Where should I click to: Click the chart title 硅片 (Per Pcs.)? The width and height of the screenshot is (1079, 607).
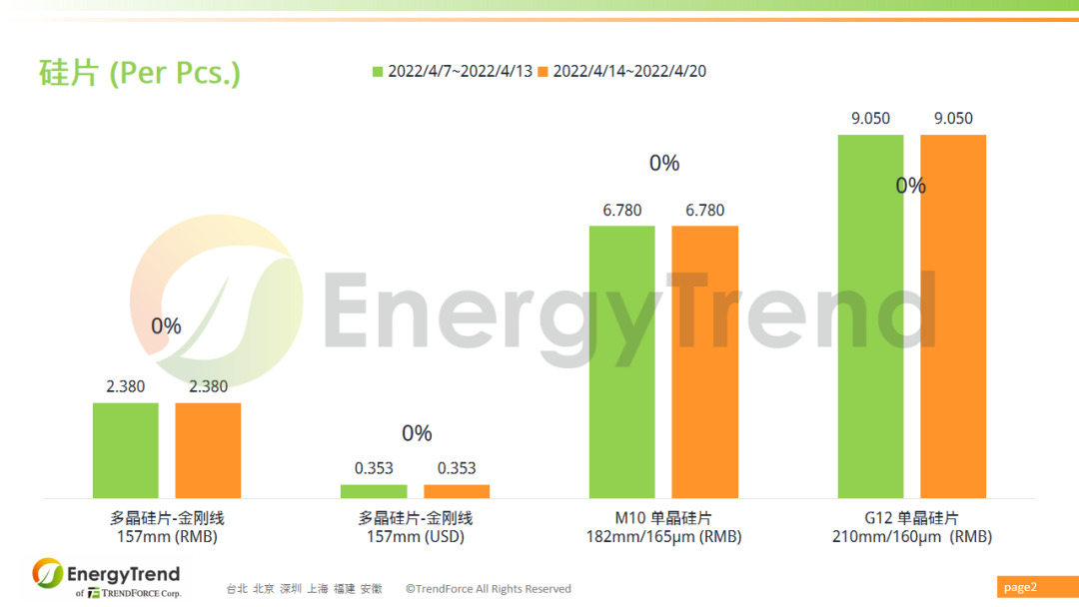pos(140,72)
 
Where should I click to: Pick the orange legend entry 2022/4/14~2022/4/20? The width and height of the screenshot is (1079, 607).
pos(621,72)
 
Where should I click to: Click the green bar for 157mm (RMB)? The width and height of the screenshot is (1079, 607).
pos(126,450)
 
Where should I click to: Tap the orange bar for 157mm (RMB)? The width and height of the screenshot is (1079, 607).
pos(208,450)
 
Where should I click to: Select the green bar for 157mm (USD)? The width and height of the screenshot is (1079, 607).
pos(374,491)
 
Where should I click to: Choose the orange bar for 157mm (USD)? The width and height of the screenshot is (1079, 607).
pos(457,491)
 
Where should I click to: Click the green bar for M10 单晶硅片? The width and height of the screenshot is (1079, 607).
pos(621,361)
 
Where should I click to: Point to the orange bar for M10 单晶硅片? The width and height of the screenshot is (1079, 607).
pos(704,361)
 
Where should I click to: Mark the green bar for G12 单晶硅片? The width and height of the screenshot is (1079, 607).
pos(870,315)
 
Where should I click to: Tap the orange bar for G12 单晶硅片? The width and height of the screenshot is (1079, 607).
pos(953,315)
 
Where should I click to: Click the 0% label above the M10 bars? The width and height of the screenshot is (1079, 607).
pos(664,164)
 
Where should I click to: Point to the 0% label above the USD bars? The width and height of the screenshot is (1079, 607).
pos(417,433)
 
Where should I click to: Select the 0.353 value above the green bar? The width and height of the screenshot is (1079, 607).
pos(374,468)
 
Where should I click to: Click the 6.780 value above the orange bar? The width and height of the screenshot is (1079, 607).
pos(705,211)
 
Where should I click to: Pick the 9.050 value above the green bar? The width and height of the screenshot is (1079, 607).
pos(870,119)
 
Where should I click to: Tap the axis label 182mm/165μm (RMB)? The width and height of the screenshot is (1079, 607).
pos(663,537)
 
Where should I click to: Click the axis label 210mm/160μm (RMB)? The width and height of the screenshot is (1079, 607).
pos(911,537)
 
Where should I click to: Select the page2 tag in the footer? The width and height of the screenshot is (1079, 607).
pos(1020,587)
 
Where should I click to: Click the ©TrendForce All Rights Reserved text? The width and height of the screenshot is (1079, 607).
pos(489,589)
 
